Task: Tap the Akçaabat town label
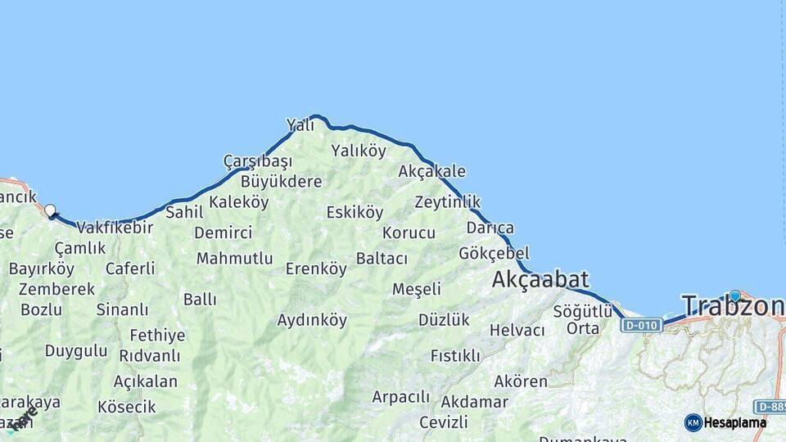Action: point(540,280)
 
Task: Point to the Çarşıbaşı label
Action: point(258,160)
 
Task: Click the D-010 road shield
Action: point(641,326)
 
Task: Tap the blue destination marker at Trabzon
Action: point(735,295)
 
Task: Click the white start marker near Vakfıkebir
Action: point(50,210)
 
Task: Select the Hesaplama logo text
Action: point(735,422)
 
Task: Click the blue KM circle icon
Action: point(693,422)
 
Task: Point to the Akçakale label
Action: point(431,171)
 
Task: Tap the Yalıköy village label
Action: point(358,150)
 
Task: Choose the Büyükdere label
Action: point(281,181)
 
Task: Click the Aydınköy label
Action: point(312,320)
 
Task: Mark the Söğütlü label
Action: point(583,311)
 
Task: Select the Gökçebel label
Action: point(494,253)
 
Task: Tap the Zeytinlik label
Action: point(447,201)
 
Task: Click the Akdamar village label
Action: point(474,402)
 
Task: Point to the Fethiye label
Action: point(157,336)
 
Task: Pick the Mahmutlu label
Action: point(234,259)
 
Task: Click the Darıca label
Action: point(490,228)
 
